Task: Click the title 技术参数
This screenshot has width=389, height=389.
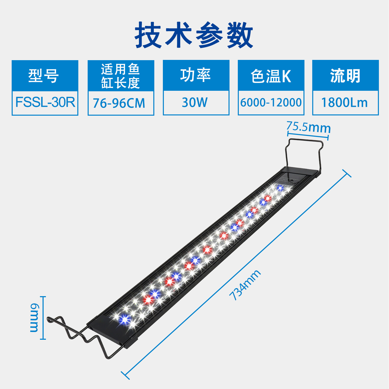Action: pyautogui.click(x=194, y=35)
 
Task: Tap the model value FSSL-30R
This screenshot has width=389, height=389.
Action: pyautogui.click(x=45, y=102)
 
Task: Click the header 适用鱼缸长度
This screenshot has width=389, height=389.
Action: pyautogui.click(x=121, y=76)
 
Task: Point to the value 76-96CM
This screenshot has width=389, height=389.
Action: pyautogui.click(x=119, y=103)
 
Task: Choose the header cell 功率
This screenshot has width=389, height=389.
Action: pyautogui.click(x=196, y=75)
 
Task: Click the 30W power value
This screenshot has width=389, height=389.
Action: pyautogui.click(x=195, y=102)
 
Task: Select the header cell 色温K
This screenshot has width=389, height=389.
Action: pyautogui.click(x=271, y=76)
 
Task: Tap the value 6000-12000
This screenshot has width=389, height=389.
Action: pyautogui.click(x=271, y=102)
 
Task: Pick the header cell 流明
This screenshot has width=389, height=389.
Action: pyautogui.click(x=345, y=76)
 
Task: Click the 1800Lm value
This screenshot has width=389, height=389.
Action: pyautogui.click(x=345, y=103)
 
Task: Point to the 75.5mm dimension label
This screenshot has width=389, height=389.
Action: pyautogui.click(x=309, y=127)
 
